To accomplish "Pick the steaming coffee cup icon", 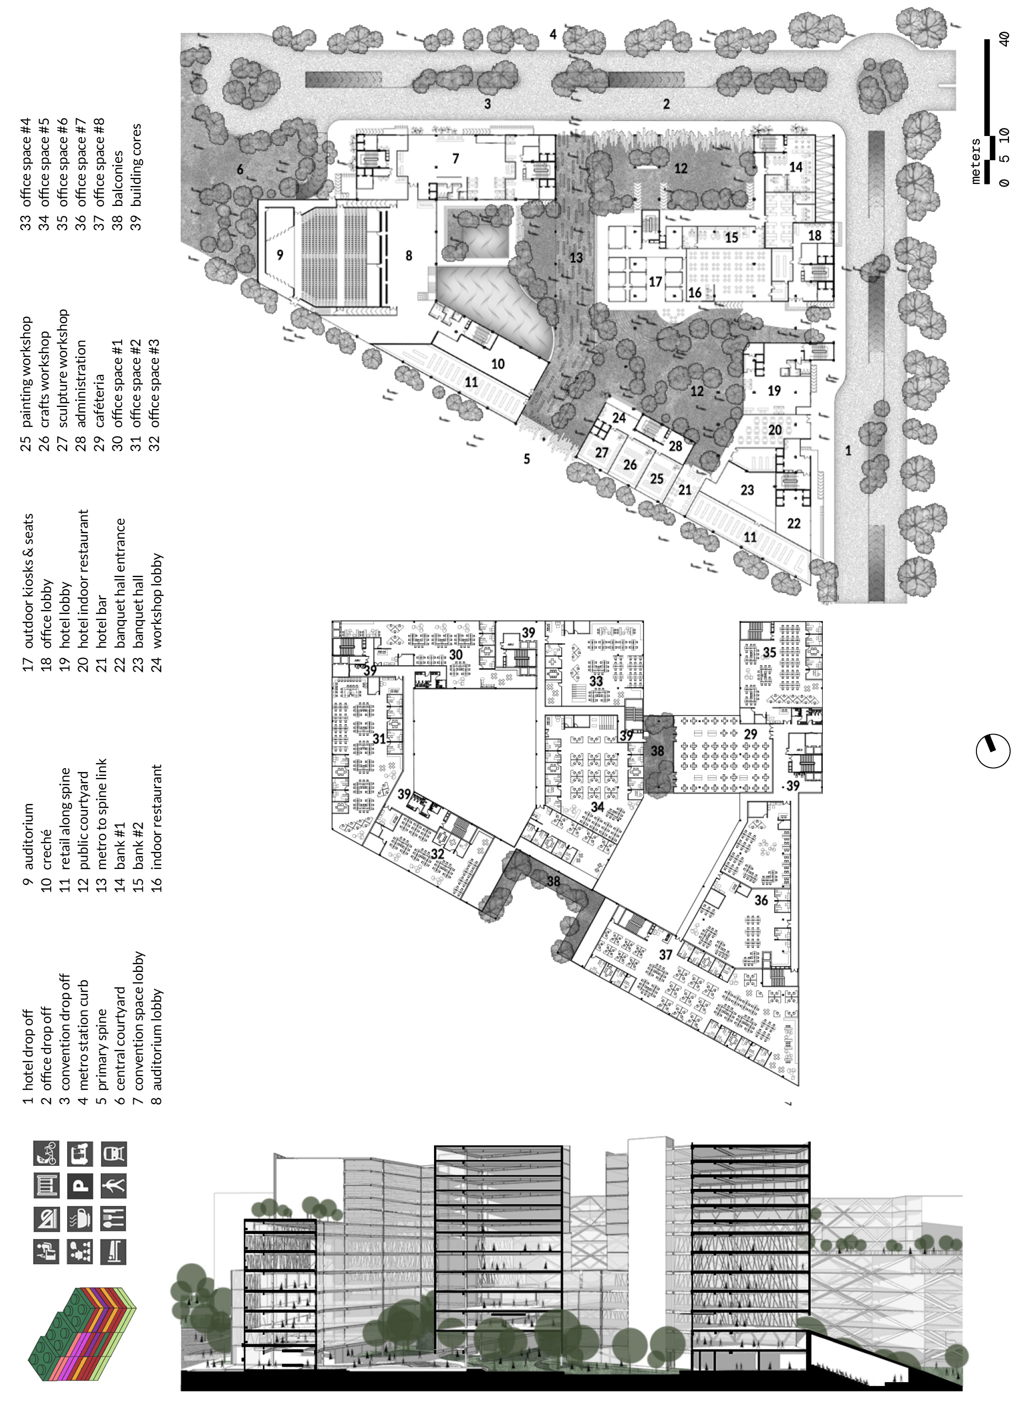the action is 80,1219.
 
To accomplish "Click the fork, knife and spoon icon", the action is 113,1219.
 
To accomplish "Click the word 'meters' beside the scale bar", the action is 976,160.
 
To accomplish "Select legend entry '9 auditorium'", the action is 28,836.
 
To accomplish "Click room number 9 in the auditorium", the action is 280,254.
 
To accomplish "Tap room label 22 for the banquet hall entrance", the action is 793,523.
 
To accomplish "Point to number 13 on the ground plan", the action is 576,257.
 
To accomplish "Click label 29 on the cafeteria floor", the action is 750,734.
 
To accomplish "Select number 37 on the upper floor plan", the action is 666,955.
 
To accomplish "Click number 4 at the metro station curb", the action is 553,34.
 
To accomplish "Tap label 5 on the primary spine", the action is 527,459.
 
